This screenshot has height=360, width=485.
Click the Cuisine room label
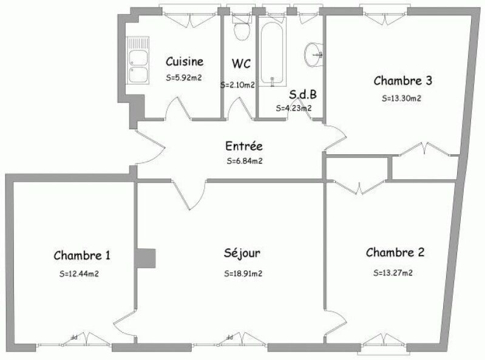pos(185,61)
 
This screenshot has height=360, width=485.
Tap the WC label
pos(241,64)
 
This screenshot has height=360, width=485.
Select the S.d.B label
pos(303,95)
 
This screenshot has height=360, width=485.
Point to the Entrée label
pos(244,146)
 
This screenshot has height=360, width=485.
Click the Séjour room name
pos(242,253)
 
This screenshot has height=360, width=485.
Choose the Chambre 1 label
pos(82,256)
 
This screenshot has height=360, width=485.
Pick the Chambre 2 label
pos(395,253)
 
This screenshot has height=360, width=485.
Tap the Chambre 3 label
pos(402,81)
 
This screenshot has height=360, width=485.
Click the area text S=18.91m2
pos(243,274)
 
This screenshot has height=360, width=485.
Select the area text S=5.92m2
pos(184,78)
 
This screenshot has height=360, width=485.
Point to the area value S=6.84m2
pos(245,161)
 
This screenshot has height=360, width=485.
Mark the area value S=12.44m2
pos(79,274)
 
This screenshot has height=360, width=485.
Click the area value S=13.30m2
pos(401,98)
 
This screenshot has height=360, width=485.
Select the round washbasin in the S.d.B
pos(314,55)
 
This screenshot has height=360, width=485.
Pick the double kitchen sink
pos(138,60)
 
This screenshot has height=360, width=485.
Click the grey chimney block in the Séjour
pos(145,258)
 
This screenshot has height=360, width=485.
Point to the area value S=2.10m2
pos(237,85)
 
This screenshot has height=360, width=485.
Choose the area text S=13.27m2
pos(393,273)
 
